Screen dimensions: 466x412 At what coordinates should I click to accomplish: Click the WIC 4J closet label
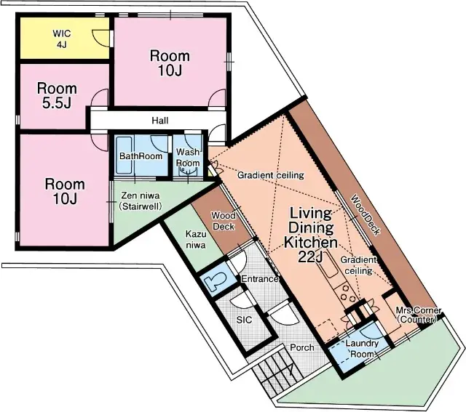(61, 39)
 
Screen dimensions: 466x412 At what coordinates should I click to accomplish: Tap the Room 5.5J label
(57, 96)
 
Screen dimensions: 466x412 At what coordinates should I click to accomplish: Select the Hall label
(160, 121)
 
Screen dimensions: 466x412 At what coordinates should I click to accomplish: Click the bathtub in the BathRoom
(124, 155)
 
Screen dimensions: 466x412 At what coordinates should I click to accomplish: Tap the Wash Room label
(188, 158)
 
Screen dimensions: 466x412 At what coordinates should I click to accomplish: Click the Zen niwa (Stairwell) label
(141, 201)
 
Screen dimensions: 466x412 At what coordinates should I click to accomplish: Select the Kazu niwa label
(196, 239)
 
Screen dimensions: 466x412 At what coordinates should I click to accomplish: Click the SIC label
(245, 320)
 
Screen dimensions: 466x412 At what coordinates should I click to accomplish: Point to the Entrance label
(259, 279)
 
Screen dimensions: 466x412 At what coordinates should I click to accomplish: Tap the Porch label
(301, 347)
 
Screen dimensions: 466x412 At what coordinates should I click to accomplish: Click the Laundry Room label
(362, 349)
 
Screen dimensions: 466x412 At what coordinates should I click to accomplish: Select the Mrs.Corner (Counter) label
(418, 315)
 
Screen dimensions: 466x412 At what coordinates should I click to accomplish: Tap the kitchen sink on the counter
(328, 265)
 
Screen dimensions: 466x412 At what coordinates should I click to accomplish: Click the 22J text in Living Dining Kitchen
(310, 257)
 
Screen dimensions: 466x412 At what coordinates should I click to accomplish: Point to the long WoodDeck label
(366, 215)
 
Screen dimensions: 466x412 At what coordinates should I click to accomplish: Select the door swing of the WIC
(101, 38)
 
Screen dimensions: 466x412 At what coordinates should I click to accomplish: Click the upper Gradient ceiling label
(270, 175)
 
